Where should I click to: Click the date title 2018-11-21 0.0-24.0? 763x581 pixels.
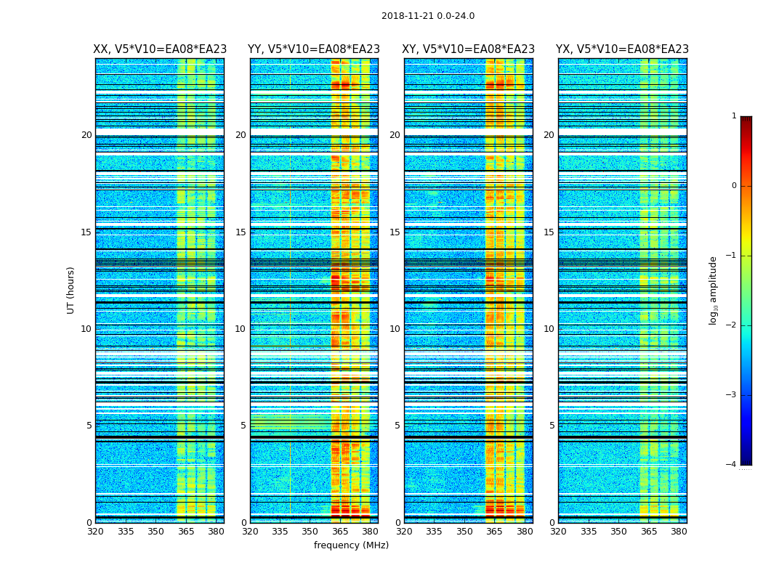coord(428,16)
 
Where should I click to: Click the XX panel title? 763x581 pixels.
coord(160,49)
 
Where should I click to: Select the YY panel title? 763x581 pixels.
coord(314,49)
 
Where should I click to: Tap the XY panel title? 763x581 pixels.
coord(468,49)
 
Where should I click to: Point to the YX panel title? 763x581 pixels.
coord(622,49)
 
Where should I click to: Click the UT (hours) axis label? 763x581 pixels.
coord(71,290)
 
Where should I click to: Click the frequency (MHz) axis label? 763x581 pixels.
coord(351,545)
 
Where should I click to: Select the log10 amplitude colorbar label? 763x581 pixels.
coord(713,290)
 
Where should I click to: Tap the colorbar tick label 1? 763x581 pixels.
coord(734,116)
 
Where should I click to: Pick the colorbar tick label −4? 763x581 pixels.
coord(732,465)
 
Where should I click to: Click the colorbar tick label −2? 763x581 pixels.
coord(732,325)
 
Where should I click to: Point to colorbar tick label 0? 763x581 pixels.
coord(734,186)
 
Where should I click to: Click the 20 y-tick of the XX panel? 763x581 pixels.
coord(86,135)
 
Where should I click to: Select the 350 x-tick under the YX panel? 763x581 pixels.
coord(618,532)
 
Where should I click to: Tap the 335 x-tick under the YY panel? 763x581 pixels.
coord(280,532)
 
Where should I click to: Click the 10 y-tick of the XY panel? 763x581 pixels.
coord(395,329)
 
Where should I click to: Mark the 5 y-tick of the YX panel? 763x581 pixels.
coord(552,426)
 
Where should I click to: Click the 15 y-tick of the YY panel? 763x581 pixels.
coord(241,232)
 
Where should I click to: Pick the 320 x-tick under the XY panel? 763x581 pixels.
coord(404,532)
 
